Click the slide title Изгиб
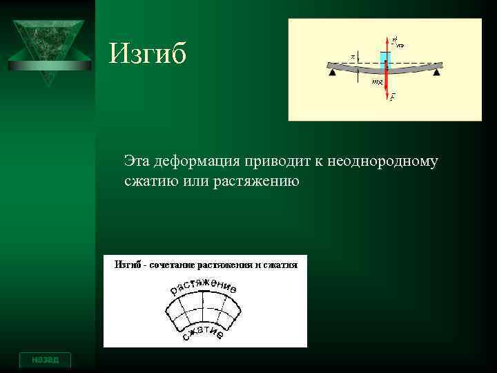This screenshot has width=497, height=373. (x=148, y=54)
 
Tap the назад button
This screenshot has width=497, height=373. (x=45, y=360)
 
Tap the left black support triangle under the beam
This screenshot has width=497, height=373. (x=333, y=70)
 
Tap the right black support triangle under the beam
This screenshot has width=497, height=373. (x=437, y=70)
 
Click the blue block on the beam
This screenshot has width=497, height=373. (x=385, y=58)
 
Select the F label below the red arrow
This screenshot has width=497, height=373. (x=392, y=98)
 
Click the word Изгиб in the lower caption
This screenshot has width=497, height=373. (x=127, y=265)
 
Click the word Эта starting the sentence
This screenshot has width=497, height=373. (x=137, y=162)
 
